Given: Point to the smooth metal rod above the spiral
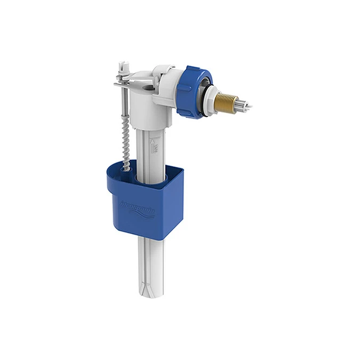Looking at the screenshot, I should click(124, 104).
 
